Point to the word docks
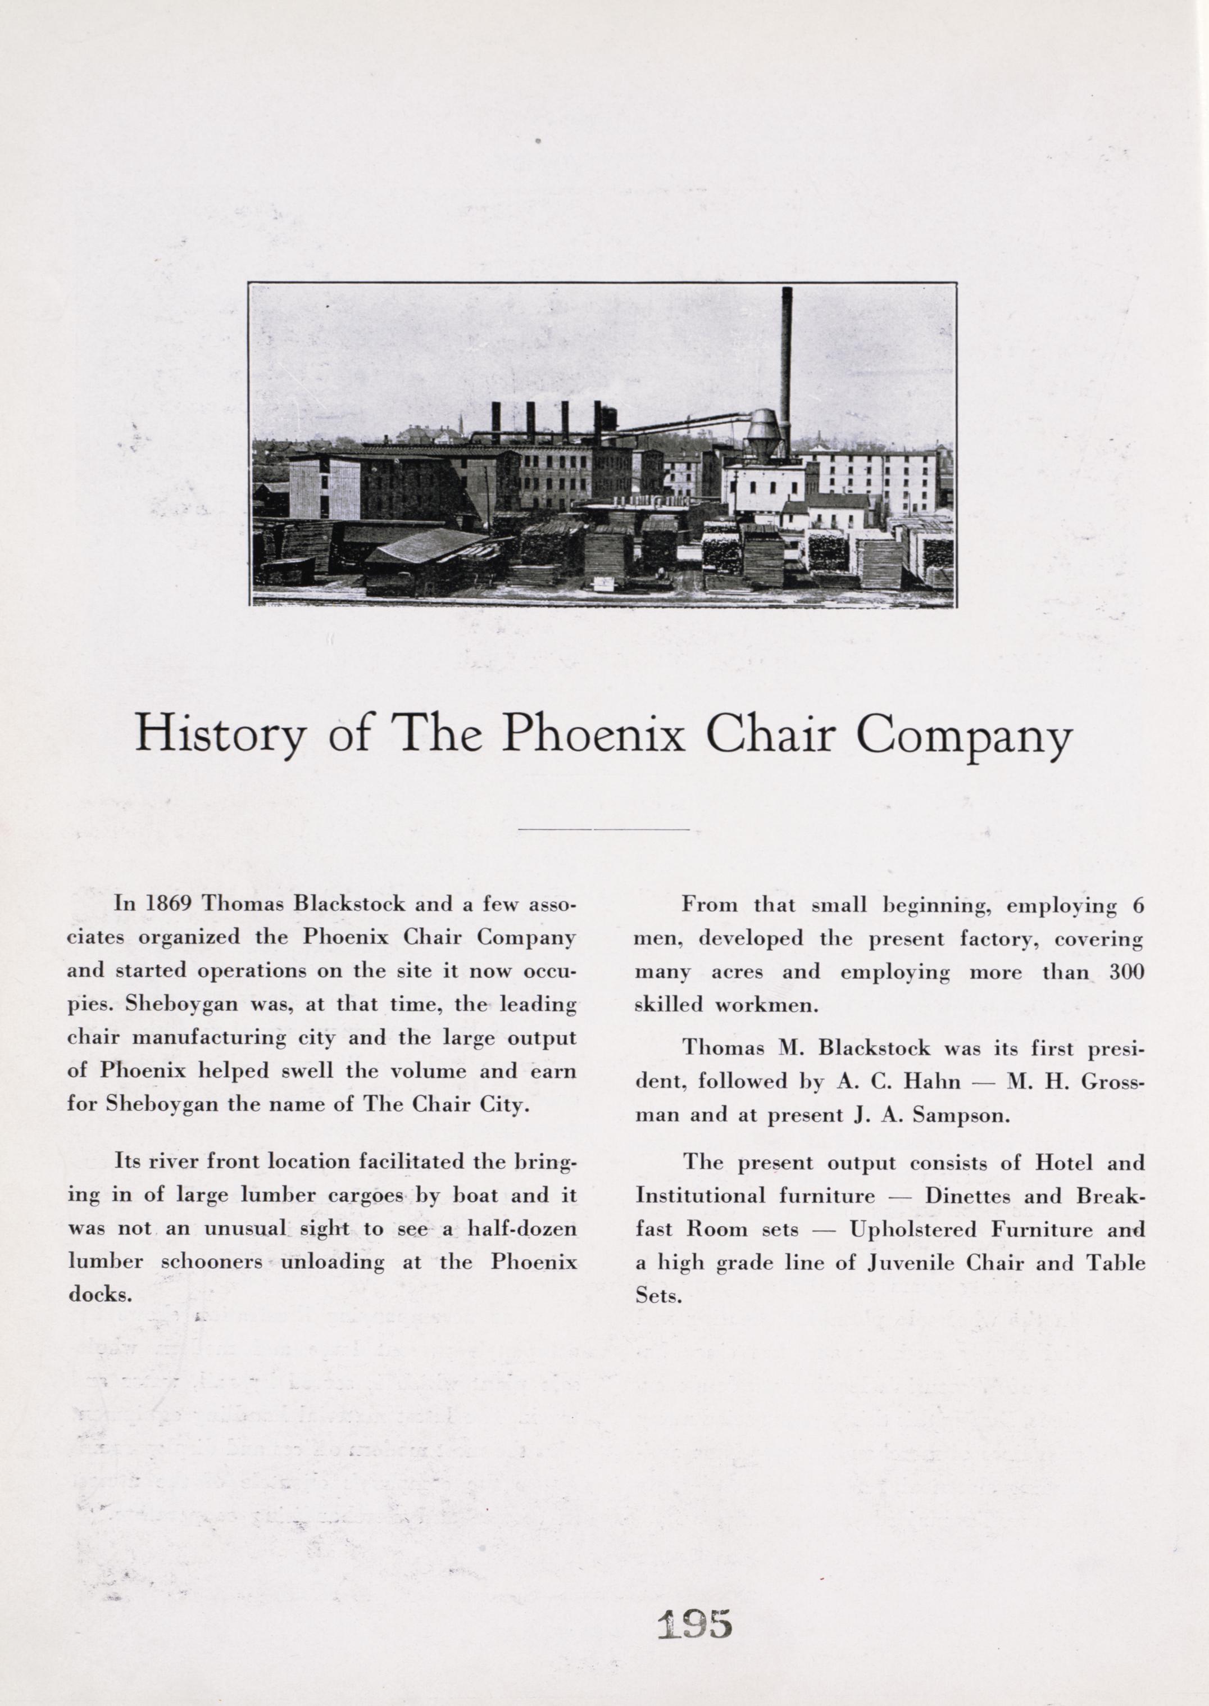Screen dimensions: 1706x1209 (x=99, y=1295)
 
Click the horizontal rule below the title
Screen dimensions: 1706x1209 (x=603, y=828)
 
